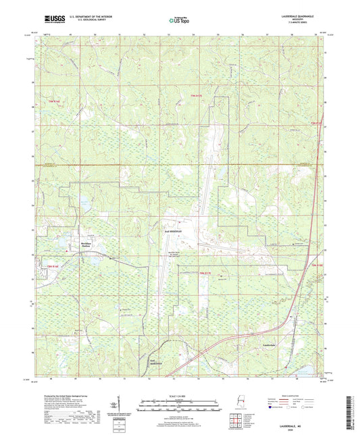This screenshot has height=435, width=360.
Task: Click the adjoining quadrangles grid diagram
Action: tap(234, 422)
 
